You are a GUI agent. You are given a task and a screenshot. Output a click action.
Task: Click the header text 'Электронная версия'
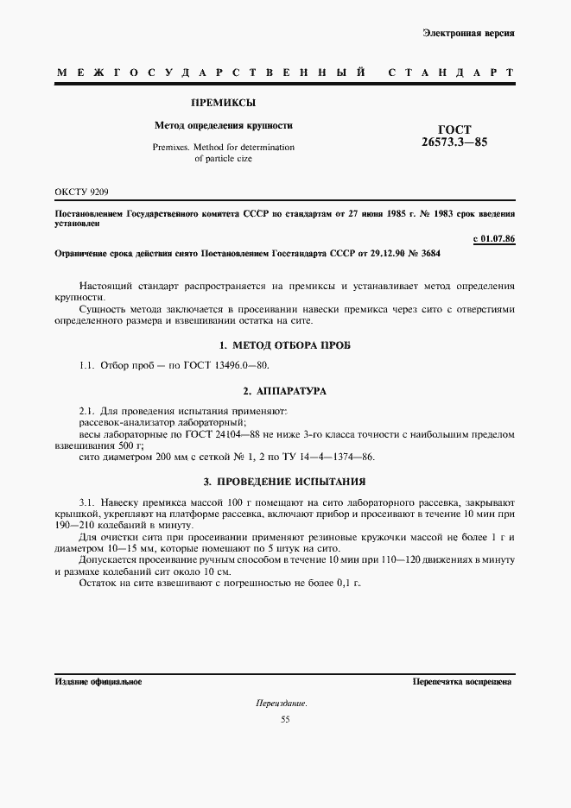point(469,33)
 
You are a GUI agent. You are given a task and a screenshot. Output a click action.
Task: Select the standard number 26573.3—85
point(454,142)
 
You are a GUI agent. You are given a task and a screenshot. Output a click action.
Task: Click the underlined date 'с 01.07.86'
point(494,238)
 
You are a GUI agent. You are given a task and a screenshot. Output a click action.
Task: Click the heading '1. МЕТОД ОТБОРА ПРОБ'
point(285,345)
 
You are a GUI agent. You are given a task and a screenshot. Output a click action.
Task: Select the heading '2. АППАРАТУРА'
point(285,391)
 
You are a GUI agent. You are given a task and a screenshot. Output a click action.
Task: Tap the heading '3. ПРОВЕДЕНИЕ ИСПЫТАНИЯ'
point(285,481)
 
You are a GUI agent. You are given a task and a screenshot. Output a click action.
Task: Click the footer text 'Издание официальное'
point(98,681)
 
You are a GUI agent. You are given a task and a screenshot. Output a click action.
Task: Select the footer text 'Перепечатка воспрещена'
point(462,681)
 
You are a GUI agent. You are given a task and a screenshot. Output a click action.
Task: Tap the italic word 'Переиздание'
point(282,704)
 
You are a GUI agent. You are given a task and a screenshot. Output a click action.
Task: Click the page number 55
point(285,720)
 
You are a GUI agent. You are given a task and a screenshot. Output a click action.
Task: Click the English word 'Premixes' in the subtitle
point(171,147)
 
